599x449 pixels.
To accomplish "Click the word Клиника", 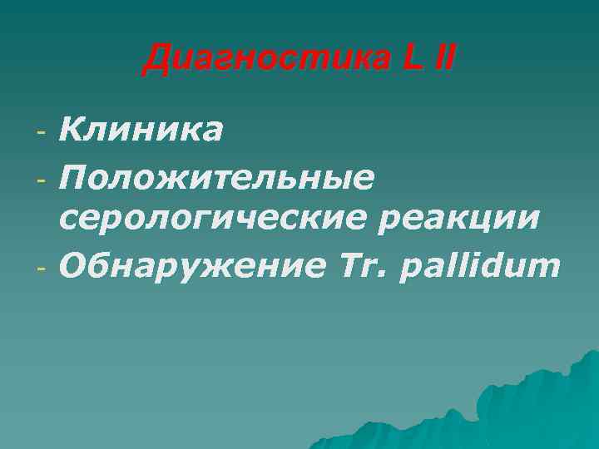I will (141, 130).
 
